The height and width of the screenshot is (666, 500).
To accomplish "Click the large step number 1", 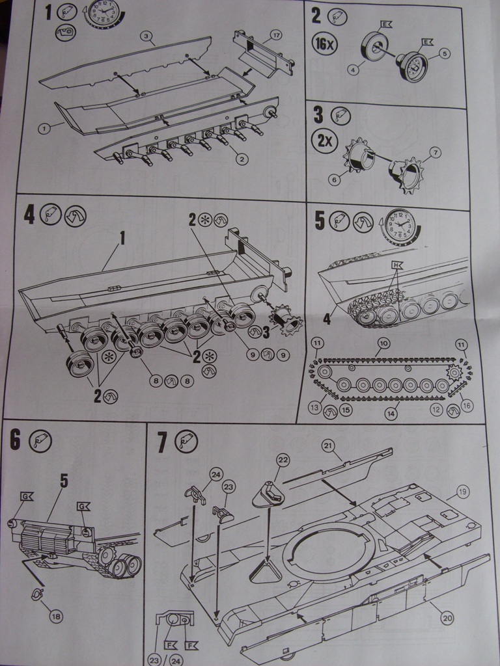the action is [x=48, y=11].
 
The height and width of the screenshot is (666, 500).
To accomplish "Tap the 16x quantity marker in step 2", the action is [x=325, y=44].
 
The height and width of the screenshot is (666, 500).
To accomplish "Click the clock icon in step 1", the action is [x=102, y=13].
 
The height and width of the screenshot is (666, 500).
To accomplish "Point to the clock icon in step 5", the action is [x=399, y=225].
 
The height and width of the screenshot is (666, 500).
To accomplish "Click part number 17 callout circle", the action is [x=275, y=35].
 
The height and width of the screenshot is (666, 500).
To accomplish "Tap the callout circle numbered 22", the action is [x=282, y=460].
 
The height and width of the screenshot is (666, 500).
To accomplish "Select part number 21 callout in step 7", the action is [x=328, y=445].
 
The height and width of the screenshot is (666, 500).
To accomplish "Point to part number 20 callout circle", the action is [x=447, y=619].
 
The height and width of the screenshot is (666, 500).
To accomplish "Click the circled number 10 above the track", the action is [x=383, y=342].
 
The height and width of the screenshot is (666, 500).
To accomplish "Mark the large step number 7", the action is [x=163, y=443].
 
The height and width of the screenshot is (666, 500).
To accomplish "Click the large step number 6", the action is [x=16, y=440].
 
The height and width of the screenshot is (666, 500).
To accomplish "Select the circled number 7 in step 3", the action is [x=435, y=152].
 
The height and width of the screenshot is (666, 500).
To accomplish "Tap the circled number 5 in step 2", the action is [x=445, y=54].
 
